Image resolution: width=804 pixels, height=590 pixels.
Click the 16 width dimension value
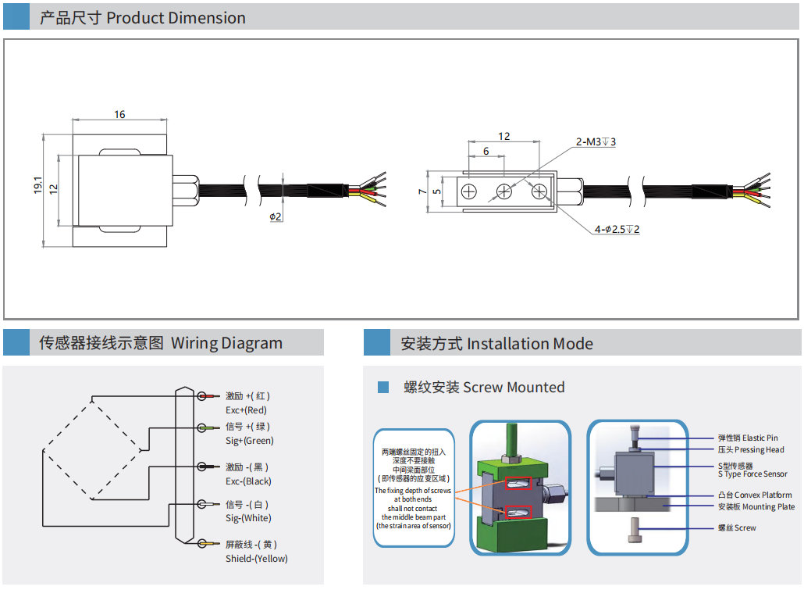[119, 115]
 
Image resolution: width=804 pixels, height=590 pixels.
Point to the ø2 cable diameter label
[276, 216]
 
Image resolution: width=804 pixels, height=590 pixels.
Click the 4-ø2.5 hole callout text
[617, 229]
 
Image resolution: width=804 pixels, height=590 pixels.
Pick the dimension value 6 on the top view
[486, 151]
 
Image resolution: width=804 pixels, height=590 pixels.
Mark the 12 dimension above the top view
[503, 137]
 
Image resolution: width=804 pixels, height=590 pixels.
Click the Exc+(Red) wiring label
[246, 410]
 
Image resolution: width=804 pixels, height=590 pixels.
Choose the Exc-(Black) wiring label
[248, 481]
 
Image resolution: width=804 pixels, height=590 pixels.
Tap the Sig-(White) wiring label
[248, 518]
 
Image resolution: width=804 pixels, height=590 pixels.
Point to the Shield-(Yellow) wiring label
[256, 558]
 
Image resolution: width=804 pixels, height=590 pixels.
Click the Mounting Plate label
[756, 506]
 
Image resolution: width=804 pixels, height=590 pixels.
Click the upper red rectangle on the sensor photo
[519, 485]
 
